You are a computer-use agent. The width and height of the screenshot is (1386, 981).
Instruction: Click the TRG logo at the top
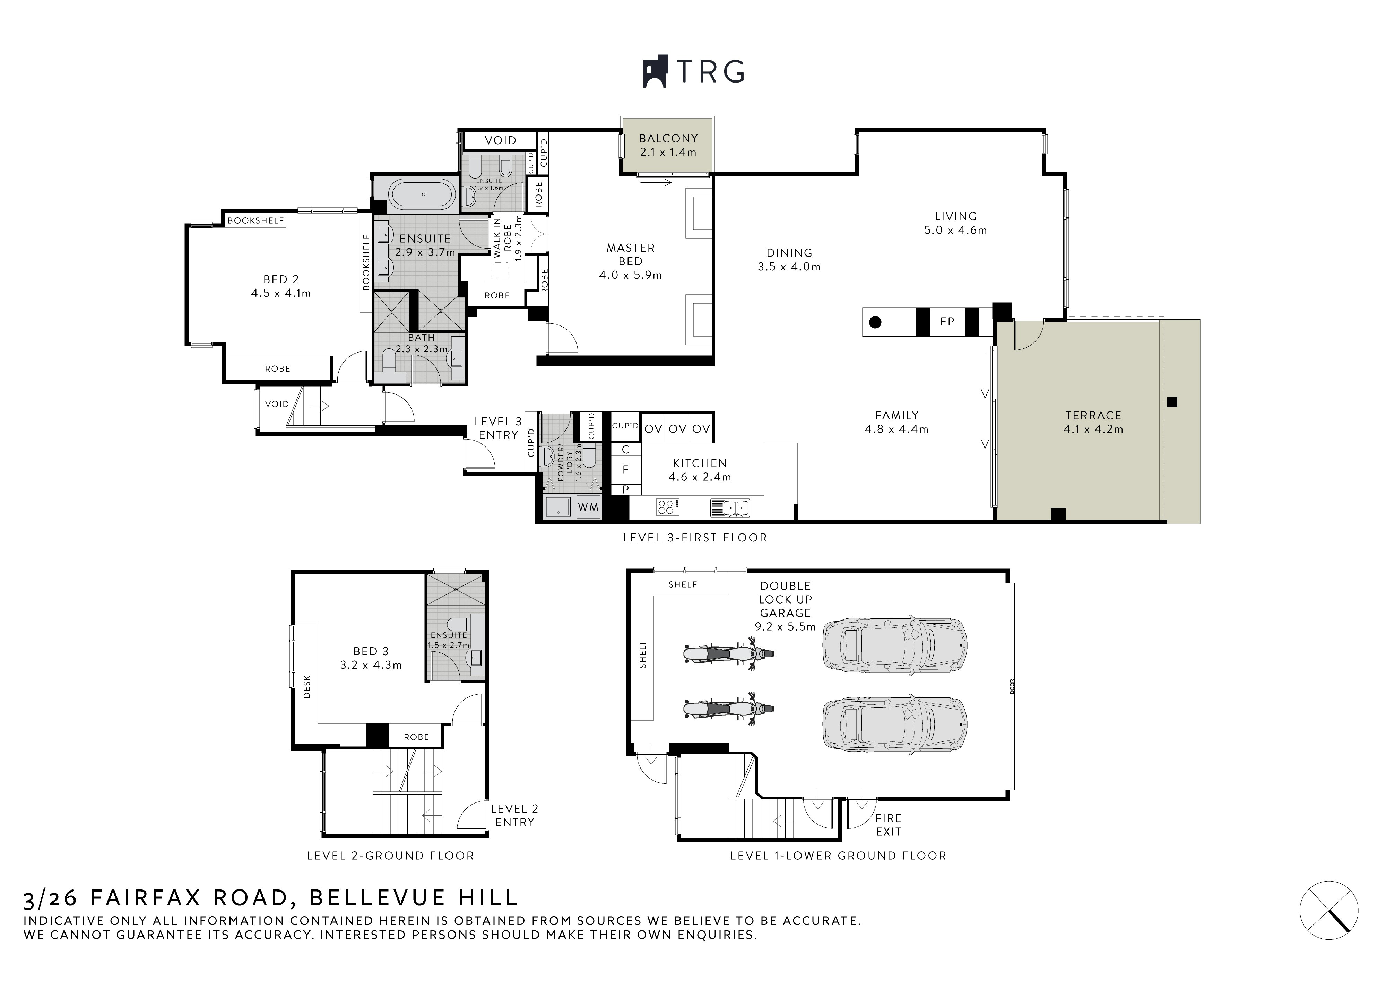point(693,72)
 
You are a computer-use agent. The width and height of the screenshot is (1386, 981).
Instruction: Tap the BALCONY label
point(668,138)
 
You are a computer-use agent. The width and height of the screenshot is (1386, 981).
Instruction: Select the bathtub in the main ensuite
point(424,194)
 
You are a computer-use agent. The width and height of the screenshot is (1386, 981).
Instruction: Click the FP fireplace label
point(947,322)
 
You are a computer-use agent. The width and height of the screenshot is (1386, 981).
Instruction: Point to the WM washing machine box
point(588,507)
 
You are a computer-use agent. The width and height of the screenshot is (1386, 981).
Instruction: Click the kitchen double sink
point(730,507)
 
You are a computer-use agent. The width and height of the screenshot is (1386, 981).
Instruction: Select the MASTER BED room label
point(631,254)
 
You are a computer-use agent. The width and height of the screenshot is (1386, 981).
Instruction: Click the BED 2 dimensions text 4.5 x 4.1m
point(281,294)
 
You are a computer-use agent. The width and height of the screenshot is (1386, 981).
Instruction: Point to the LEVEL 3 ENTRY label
point(498,428)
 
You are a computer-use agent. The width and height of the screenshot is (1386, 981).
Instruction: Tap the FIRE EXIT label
point(888,825)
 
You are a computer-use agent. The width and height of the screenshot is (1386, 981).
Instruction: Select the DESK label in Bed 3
point(307,687)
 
